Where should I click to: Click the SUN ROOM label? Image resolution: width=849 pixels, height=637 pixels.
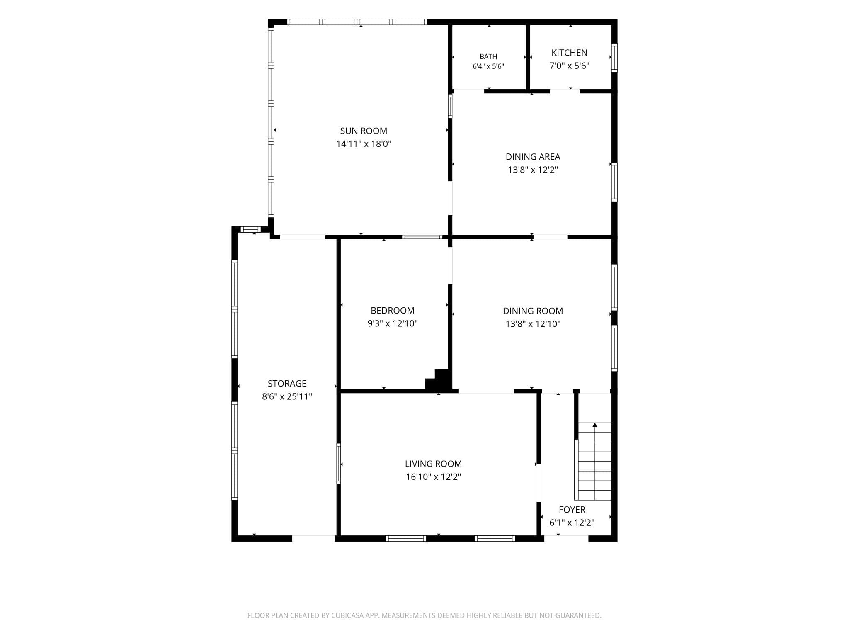coord(364,131)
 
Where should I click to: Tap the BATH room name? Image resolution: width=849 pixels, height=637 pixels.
coord(488,57)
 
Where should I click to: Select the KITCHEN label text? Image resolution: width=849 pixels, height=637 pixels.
coord(569,53)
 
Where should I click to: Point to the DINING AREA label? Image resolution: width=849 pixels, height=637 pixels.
coord(533,157)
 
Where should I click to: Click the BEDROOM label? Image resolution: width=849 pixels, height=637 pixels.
coord(392,311)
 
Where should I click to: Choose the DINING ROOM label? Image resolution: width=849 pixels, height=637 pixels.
coord(533,311)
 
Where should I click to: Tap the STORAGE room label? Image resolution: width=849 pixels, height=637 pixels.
coord(287,384)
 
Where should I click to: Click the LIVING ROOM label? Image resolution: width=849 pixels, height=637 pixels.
coord(433,464)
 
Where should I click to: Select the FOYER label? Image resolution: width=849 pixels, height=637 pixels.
coord(572,510)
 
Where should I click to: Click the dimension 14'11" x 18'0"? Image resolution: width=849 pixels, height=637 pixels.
coord(364,144)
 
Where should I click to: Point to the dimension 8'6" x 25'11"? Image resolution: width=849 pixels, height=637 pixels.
coord(287,396)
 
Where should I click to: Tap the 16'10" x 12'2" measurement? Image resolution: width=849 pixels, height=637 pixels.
coord(433,477)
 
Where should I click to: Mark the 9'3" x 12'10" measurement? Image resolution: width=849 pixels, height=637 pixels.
coord(392,323)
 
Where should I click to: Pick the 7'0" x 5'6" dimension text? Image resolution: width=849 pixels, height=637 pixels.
coord(569,66)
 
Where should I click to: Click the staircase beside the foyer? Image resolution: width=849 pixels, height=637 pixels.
coord(593,461)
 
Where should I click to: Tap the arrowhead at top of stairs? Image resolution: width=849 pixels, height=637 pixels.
coord(595,425)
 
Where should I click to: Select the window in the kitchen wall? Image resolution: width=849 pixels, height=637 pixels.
coord(614,58)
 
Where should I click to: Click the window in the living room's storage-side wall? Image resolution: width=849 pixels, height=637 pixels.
coord(339,464)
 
